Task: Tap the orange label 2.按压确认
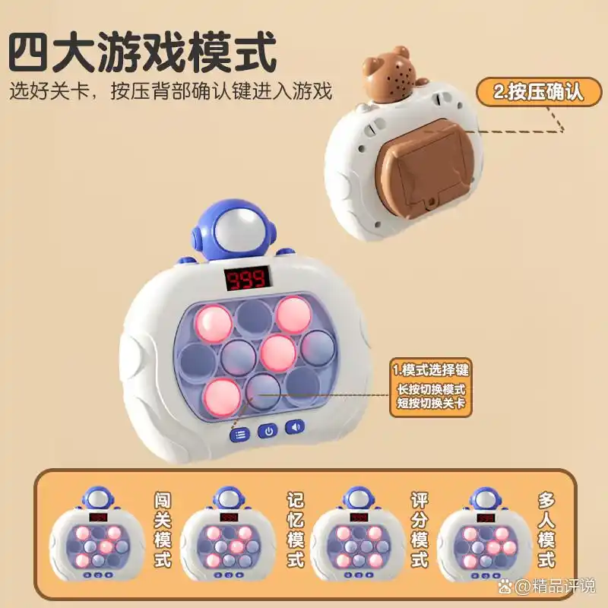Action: [538, 92]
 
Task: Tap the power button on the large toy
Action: [267, 431]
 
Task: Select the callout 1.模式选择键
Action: [432, 370]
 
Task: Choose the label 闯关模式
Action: [163, 530]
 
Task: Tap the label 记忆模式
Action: [296, 530]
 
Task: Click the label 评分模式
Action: [420, 530]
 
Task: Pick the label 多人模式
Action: [546, 530]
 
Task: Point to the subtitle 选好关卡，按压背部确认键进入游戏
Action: [172, 92]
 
